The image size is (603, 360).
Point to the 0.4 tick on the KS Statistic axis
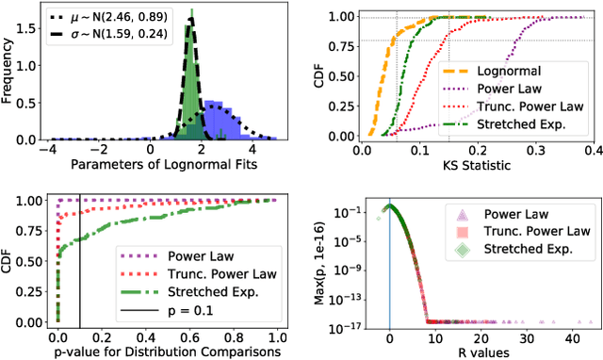tap(591, 151)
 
